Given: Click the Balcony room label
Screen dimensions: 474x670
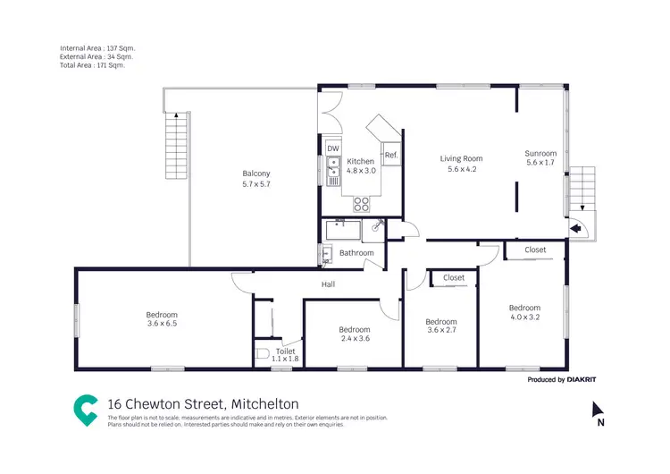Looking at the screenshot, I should (x=255, y=174).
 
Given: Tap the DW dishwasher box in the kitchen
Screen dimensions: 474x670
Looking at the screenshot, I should (x=332, y=148).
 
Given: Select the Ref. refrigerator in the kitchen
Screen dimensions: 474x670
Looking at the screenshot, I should (x=390, y=155).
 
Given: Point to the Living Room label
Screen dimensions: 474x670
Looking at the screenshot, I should (x=461, y=158).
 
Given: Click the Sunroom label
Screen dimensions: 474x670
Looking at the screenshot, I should (x=540, y=153).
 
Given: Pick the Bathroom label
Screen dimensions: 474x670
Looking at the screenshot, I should (x=356, y=253).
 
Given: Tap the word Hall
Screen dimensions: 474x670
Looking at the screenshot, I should (x=328, y=284).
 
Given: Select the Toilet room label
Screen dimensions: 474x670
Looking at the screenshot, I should (x=285, y=351).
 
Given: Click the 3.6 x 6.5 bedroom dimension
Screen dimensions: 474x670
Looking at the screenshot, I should (x=162, y=325).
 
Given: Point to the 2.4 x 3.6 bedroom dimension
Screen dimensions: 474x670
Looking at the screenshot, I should (x=355, y=339).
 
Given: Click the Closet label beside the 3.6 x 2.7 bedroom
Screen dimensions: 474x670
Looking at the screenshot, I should (x=454, y=278).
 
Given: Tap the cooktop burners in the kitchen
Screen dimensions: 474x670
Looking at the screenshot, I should (x=363, y=201).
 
